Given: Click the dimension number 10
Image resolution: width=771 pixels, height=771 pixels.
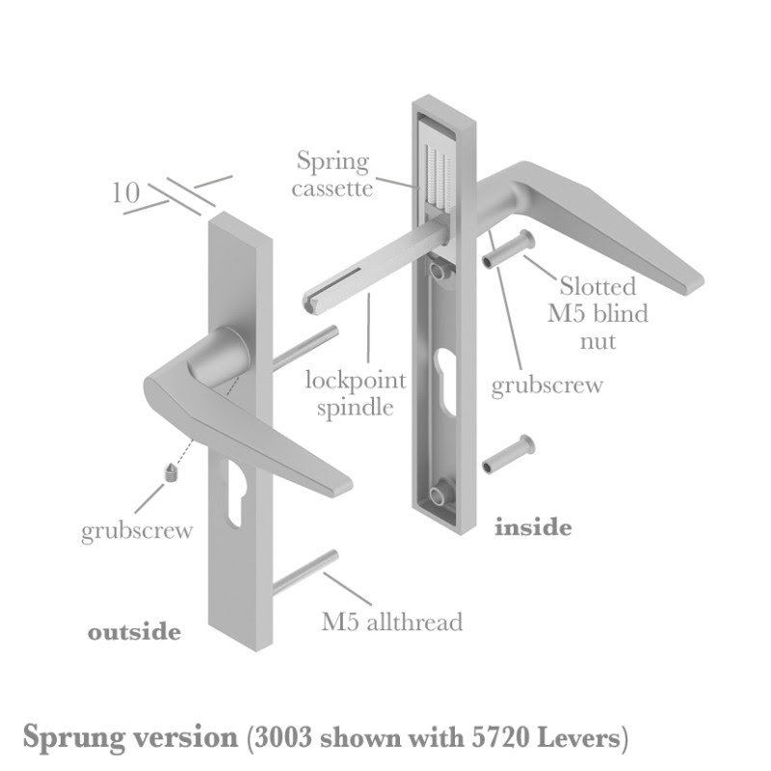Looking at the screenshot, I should pyautogui.click(x=124, y=192).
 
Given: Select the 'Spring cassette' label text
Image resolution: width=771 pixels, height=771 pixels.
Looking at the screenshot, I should pyautogui.click(x=333, y=173).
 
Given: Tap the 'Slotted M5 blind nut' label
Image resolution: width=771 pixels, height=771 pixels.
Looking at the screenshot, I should pyautogui.click(x=604, y=313).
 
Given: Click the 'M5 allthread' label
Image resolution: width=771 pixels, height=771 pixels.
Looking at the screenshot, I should pyautogui.click(x=391, y=622).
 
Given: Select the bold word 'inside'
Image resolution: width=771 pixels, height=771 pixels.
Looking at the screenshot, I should pyautogui.click(x=532, y=527).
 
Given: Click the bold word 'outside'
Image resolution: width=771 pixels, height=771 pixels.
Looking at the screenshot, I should pyautogui.click(x=134, y=632).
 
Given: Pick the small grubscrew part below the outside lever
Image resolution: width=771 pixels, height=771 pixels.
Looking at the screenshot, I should pyautogui.click(x=170, y=473).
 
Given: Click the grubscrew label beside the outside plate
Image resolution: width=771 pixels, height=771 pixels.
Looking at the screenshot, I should pyautogui.click(x=137, y=530).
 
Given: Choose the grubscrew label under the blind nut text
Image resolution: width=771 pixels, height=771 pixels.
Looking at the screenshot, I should pyautogui.click(x=546, y=385).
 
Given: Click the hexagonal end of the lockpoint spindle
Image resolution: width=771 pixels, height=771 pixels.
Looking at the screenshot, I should pyautogui.click(x=315, y=303).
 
